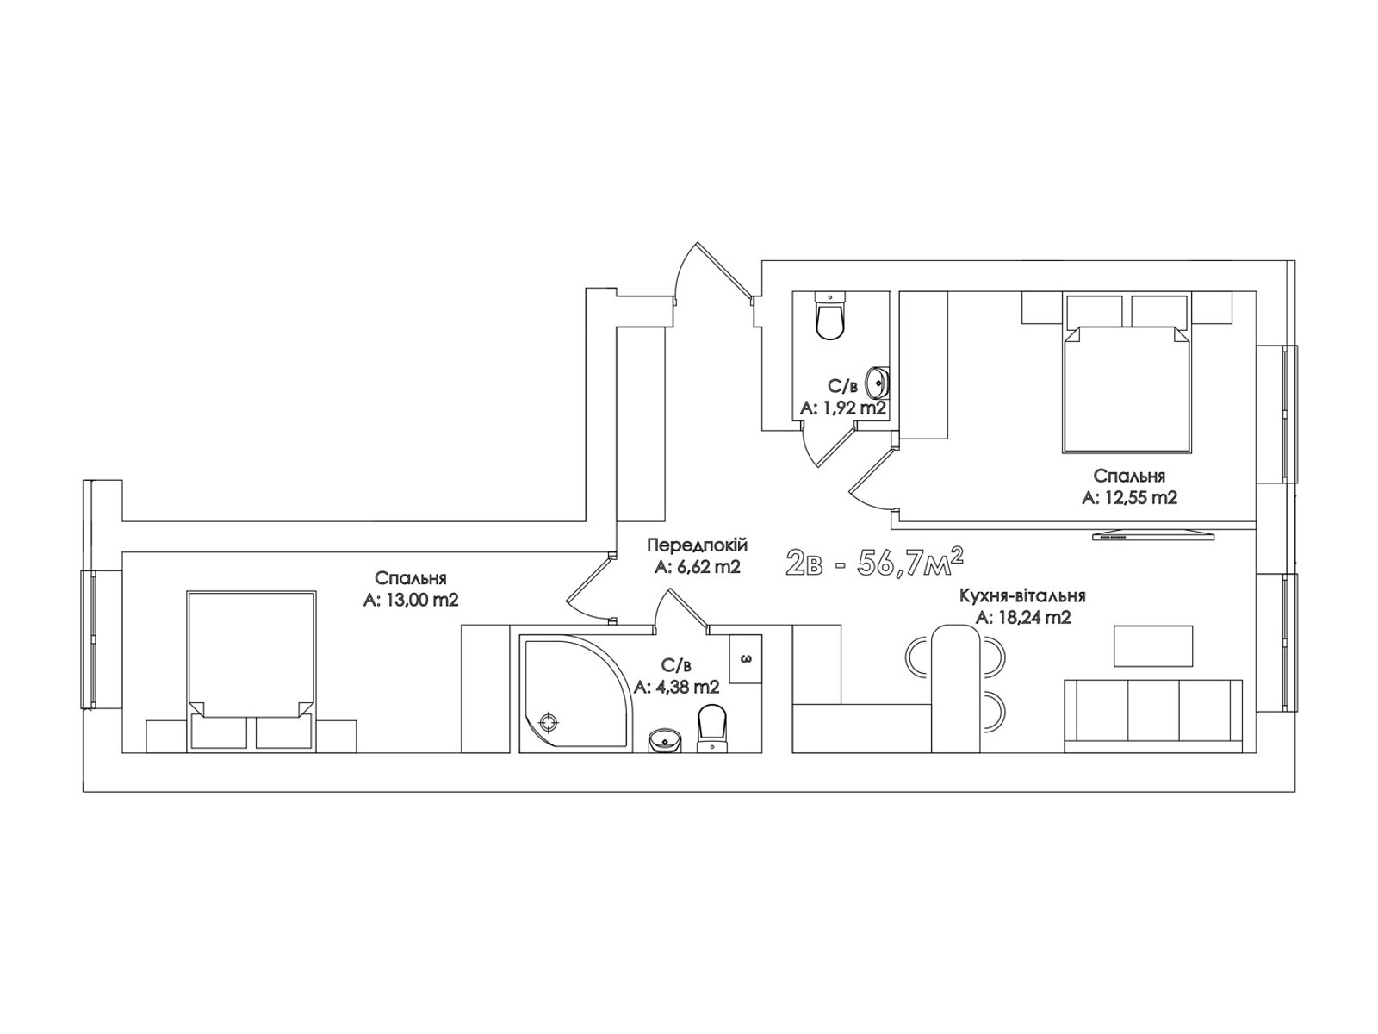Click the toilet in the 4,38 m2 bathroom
click(711, 728)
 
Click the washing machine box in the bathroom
click(746, 659)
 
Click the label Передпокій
click(698, 545)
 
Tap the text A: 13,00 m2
click(411, 601)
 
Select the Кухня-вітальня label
click(1022, 595)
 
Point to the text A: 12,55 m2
click(1129, 498)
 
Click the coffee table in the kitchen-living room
click(1153, 646)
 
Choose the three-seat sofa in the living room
click(1153, 716)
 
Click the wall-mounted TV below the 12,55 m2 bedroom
click(1153, 535)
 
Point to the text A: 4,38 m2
click(676, 688)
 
